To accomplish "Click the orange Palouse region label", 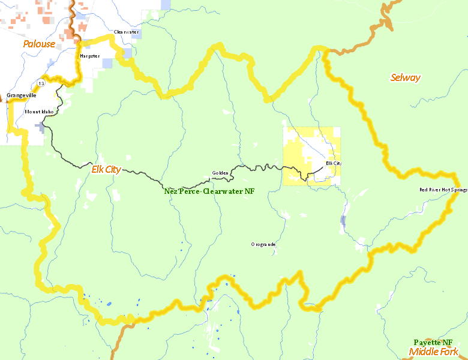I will coord(39,44).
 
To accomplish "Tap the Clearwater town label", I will coord(126,32).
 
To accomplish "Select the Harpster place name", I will coord(89,56).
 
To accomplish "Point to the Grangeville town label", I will coord(22,95).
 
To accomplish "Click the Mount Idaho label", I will coord(39,112).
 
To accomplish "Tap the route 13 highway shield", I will coord(40,82).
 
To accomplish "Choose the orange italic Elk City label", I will coord(106,169).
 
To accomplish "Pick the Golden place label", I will coord(220,173).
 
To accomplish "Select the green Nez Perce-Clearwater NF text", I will coord(209,191).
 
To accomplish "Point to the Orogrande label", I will coord(263,244).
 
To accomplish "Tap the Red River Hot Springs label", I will coord(443,190).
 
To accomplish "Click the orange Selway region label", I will coord(406,77).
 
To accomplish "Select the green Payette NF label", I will coord(437,342).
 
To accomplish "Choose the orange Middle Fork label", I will coord(433,352).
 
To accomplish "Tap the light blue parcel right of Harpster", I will coord(107,63).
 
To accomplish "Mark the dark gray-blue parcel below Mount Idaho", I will coord(41,127).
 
